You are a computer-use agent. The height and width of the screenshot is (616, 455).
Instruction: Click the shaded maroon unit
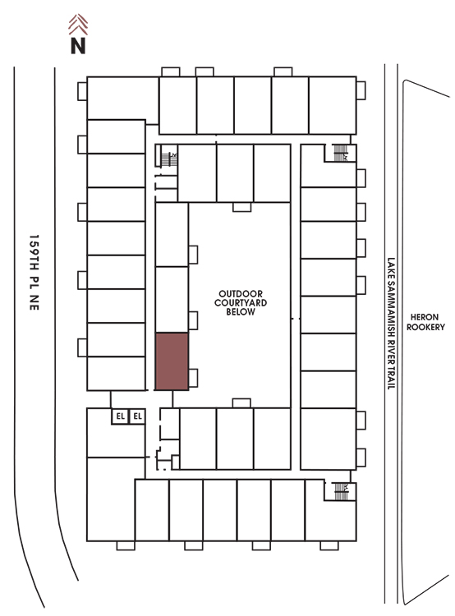[172, 361]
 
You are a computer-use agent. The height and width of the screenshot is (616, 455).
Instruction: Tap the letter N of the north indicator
[78, 45]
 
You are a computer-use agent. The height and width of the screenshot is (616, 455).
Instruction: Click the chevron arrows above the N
[78, 25]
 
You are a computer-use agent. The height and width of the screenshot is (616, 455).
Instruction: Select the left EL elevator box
[120, 416]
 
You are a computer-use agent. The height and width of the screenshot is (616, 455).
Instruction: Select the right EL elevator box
[137, 416]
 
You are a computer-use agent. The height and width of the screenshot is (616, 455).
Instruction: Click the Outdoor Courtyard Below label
[241, 302]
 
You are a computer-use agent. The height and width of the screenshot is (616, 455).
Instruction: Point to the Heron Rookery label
[425, 322]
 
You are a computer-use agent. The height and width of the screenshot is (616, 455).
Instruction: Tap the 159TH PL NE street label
[34, 272]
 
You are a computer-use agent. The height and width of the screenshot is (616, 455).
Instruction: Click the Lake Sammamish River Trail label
[391, 324]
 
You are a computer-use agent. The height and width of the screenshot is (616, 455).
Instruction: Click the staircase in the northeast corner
[340, 153]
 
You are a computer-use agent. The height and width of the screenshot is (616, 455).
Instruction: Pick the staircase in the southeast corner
[341, 491]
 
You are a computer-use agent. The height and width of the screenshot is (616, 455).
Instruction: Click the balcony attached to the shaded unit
[193, 378]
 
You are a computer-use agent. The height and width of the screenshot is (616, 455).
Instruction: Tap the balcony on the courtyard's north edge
[241, 207]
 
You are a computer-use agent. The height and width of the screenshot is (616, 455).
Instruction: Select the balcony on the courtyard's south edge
[241, 403]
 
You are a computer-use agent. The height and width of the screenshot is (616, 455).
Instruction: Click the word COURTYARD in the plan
[241, 302]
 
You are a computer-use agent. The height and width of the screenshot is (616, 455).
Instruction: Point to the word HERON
[425, 317]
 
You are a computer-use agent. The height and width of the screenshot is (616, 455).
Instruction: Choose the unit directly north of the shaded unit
[172, 300]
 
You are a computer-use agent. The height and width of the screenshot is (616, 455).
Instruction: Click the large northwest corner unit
[122, 98]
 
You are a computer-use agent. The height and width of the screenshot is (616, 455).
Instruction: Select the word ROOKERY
[425, 327]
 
